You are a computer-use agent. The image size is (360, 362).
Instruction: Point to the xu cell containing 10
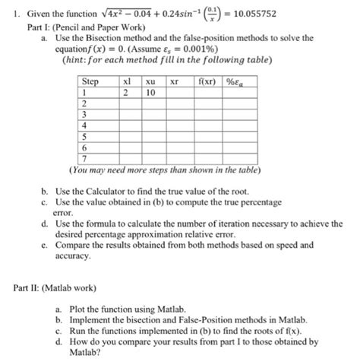(150, 92)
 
